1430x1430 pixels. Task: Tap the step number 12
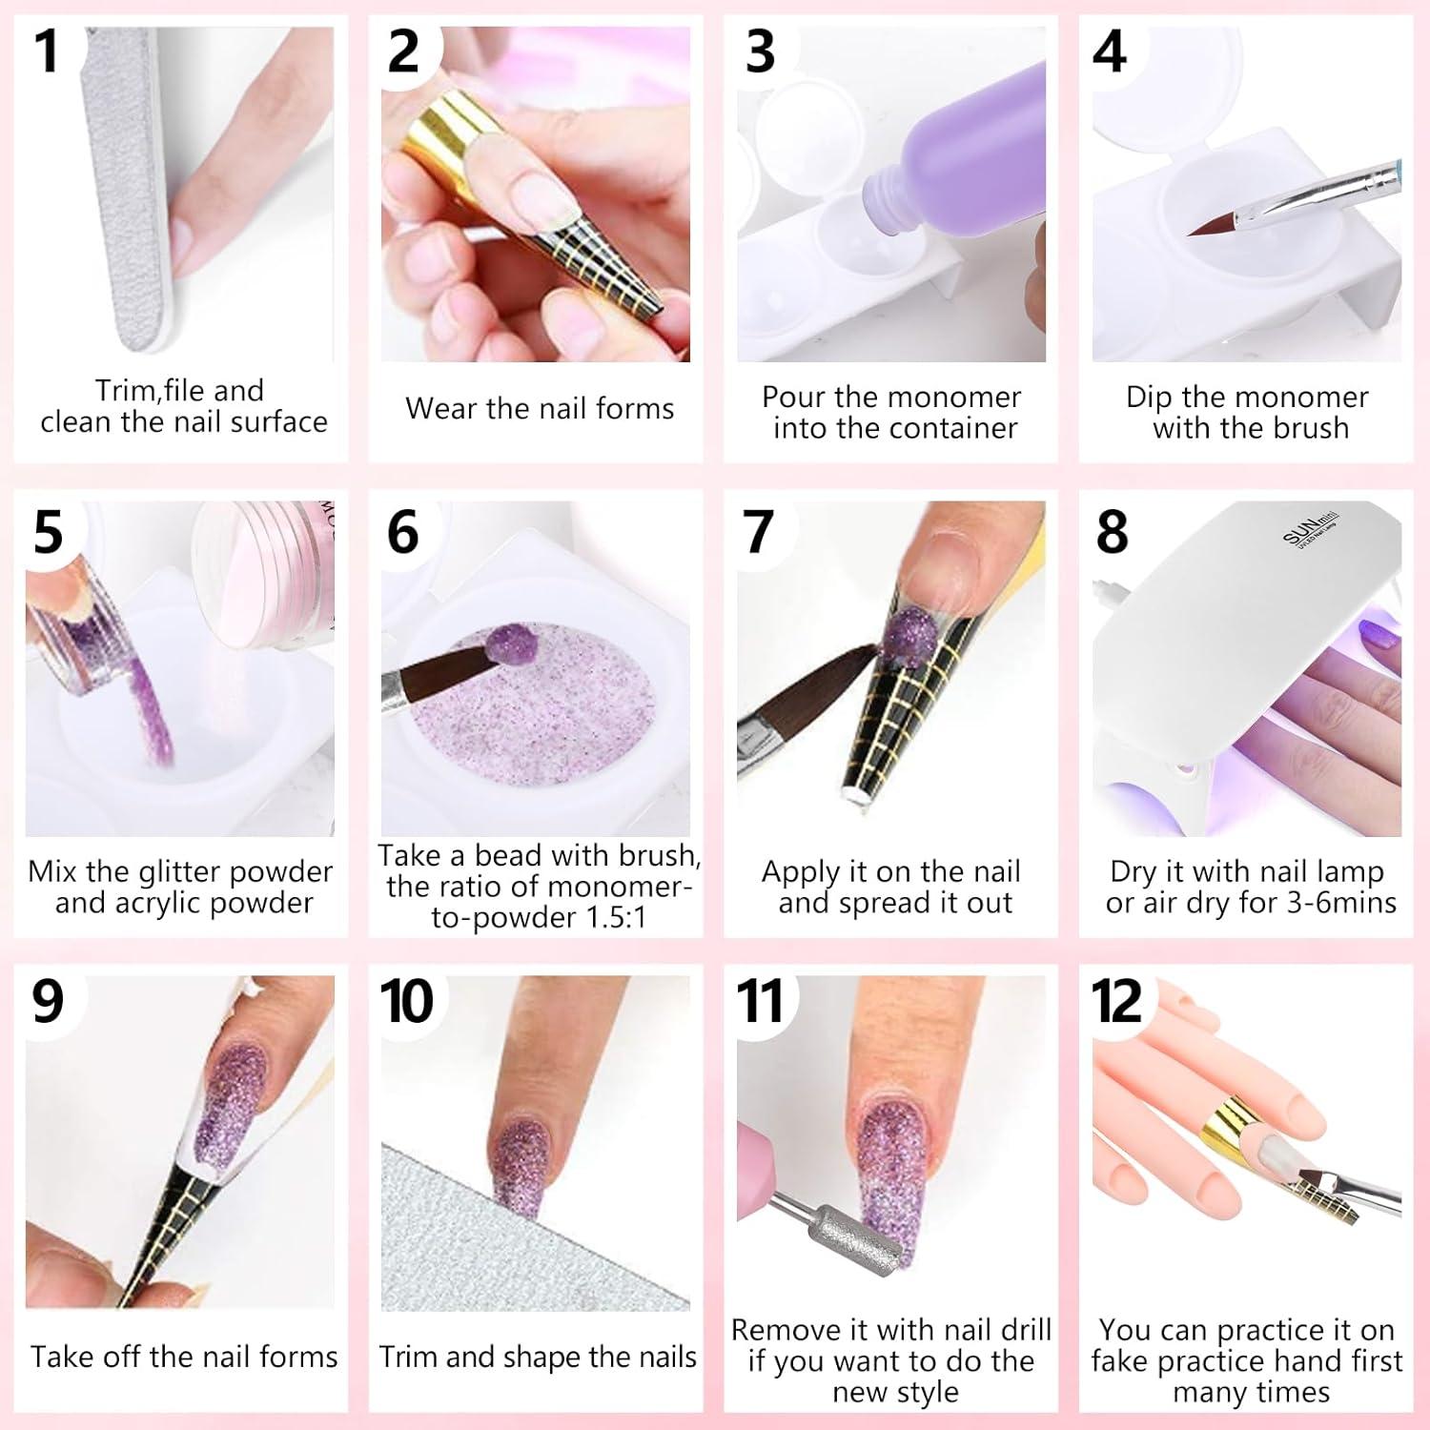(x=1116, y=1001)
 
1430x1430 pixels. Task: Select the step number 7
(x=758, y=531)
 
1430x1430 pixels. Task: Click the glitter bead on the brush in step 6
(x=503, y=648)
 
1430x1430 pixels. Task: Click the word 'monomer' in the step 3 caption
(x=959, y=397)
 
